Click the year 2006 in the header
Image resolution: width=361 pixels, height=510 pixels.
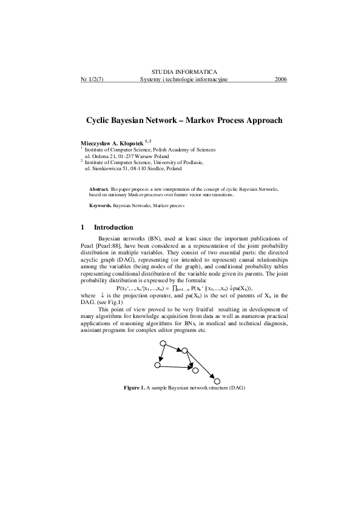(280, 79)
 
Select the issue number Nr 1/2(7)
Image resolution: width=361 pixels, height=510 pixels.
(92, 79)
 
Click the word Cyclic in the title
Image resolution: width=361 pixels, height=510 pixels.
(100, 121)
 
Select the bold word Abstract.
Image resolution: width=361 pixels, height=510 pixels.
(98, 190)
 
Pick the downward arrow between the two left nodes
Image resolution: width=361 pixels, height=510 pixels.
(161, 355)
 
